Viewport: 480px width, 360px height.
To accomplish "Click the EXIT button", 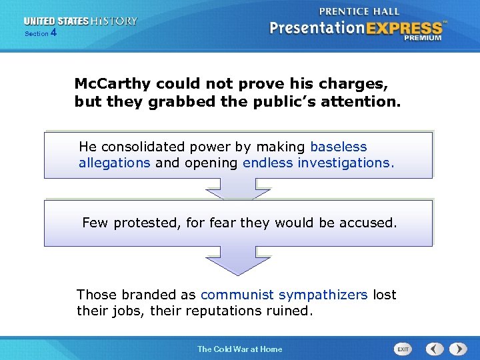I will click(403, 349).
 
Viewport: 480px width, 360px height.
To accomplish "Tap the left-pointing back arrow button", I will click(435, 349).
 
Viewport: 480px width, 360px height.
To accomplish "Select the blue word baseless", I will click(339, 147).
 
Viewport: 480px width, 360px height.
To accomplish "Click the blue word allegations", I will click(114, 163).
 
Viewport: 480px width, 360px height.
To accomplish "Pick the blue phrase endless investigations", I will click(319, 163).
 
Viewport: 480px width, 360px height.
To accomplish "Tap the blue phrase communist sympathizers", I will click(284, 295).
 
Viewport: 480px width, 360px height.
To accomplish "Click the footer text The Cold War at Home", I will click(239, 349).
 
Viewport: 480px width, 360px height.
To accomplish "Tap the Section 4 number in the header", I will click(53, 33).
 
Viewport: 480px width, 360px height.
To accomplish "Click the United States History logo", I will click(81, 21).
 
